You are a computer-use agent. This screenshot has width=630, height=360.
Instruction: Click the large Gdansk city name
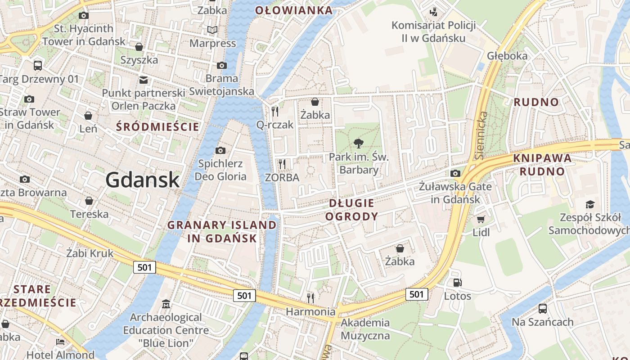(143, 180)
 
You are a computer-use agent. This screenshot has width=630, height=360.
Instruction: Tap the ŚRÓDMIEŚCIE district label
(157, 127)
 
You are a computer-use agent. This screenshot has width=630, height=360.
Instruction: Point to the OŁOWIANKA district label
(294, 10)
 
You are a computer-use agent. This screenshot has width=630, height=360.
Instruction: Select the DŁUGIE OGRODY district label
(351, 210)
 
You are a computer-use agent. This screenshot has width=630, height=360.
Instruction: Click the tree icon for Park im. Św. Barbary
(359, 144)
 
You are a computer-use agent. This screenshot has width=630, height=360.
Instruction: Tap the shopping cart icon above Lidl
(481, 219)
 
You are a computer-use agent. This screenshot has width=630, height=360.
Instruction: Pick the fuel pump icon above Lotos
(457, 283)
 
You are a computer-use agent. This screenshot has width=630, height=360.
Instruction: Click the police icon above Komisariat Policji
(433, 12)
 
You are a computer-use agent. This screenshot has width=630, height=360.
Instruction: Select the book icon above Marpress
(212, 30)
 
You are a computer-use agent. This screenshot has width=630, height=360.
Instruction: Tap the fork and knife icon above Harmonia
(310, 297)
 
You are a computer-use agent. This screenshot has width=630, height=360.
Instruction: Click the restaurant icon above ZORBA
(282, 164)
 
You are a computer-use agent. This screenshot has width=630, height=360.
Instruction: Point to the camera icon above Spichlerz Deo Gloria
(220, 150)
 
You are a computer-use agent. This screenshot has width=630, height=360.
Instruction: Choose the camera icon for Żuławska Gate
(455, 173)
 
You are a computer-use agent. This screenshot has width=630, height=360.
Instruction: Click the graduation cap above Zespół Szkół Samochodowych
(590, 204)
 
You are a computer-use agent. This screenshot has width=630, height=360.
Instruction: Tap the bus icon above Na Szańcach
(543, 309)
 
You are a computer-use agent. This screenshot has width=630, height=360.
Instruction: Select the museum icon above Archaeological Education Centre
(166, 304)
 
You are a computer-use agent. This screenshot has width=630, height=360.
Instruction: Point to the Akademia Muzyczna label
(365, 329)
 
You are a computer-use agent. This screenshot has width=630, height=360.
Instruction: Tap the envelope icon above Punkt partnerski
(144, 80)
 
